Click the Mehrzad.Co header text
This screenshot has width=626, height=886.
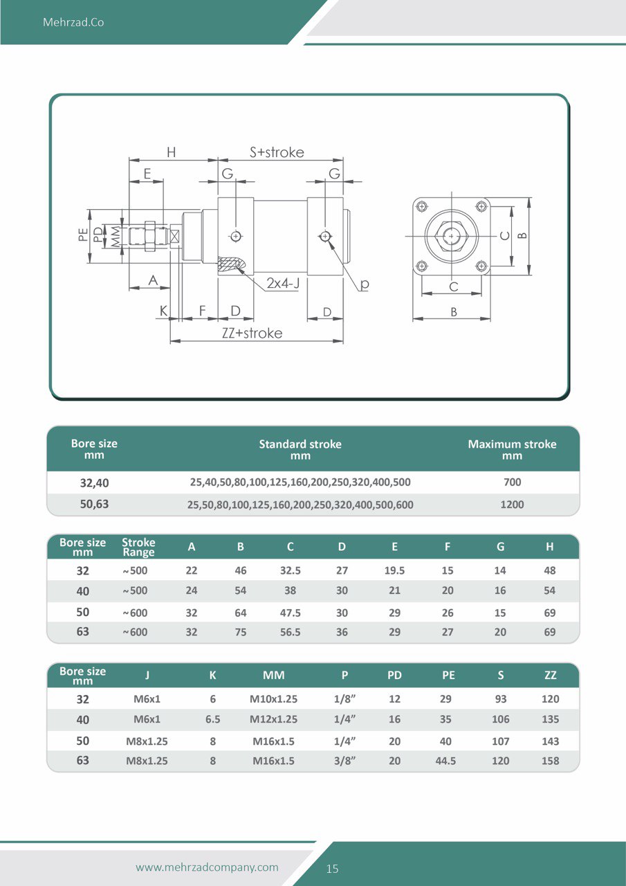(73, 22)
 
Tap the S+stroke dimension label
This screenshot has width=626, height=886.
(277, 152)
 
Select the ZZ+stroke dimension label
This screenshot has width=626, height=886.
(252, 333)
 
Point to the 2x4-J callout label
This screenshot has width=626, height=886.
(283, 283)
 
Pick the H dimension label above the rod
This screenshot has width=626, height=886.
(171, 152)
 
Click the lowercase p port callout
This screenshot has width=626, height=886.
(365, 284)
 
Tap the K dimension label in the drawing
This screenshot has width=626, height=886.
(164, 311)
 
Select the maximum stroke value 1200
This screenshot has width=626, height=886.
(512, 505)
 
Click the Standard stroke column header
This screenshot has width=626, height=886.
(300, 449)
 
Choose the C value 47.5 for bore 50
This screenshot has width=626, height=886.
(290, 613)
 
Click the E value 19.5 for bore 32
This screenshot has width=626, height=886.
(394, 570)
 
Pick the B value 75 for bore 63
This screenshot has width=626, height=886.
(240, 632)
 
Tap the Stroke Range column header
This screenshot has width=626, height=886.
(138, 547)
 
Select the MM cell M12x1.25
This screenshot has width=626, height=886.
(273, 719)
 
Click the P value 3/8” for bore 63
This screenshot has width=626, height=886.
(344, 761)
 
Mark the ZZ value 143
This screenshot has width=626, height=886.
(550, 741)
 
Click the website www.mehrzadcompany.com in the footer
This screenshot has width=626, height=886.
(207, 867)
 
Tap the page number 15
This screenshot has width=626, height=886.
(333, 869)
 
